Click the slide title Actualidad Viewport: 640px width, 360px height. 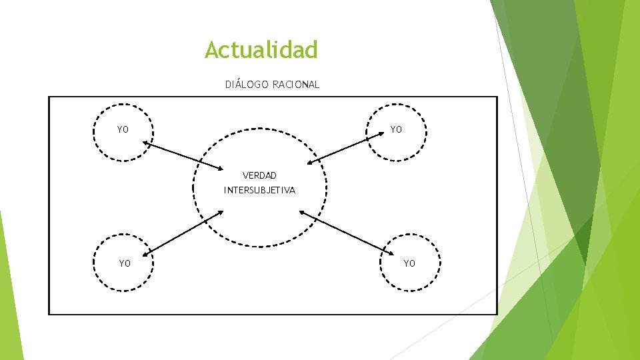(x=261, y=49)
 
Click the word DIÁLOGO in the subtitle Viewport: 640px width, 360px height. (x=247, y=85)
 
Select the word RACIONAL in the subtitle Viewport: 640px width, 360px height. (x=296, y=85)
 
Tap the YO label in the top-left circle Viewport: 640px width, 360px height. (x=123, y=130)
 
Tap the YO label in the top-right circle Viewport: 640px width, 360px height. (x=396, y=130)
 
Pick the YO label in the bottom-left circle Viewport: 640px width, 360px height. (x=125, y=263)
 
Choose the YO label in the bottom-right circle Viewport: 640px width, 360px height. (x=409, y=263)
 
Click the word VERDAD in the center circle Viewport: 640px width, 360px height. (x=259, y=176)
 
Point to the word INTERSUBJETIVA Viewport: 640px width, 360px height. (x=259, y=191)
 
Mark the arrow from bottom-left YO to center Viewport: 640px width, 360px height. (x=185, y=233)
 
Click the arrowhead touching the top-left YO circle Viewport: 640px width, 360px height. (x=145, y=143)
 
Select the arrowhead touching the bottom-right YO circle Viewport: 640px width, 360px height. (x=391, y=251)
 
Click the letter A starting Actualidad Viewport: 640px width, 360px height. (x=212, y=49)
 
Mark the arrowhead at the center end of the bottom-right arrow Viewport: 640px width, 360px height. (x=301, y=212)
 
